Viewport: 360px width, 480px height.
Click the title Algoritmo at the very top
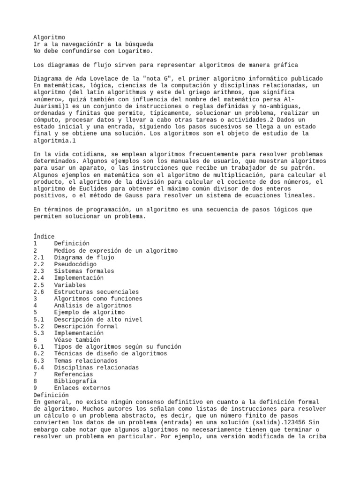[49, 37]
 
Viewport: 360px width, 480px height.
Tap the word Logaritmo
[135, 51]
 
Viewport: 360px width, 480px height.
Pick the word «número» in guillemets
[49, 99]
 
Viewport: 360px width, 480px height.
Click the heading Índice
[44, 237]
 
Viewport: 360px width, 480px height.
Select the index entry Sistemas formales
[84, 271]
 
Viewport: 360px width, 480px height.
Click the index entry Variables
[70, 285]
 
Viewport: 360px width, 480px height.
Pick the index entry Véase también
[77, 340]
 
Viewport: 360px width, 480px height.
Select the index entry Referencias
[74, 375]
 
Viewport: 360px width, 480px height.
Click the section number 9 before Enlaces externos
[36, 388]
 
